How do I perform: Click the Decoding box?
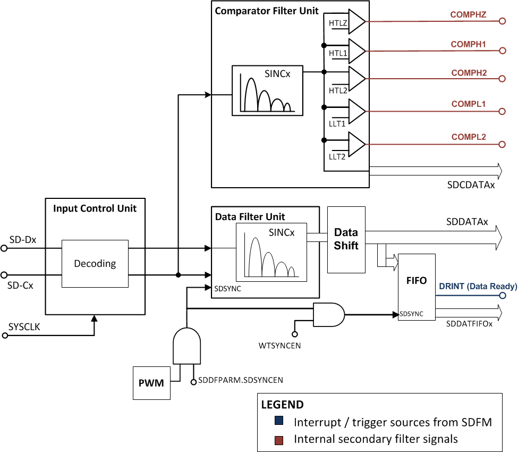95,264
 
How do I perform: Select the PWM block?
151,382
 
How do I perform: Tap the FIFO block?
416,281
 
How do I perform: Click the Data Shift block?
346,239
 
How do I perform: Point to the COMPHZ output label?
469,15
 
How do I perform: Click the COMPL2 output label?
469,137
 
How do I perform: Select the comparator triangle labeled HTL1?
356,51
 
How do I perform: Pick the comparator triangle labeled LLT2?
356,144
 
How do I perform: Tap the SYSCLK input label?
24,327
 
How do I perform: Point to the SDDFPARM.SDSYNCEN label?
240,380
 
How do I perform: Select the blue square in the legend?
279,421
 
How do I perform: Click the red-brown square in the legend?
279,439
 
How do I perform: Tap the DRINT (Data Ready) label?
478,287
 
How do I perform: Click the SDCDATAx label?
471,185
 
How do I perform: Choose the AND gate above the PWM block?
186,346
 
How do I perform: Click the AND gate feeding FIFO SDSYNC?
328,314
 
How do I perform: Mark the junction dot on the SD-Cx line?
179,275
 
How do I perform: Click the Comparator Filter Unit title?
267,11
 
